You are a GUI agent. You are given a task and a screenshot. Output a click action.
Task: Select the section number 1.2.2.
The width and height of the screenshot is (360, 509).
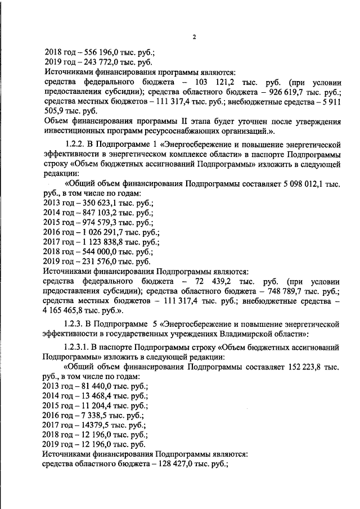(x=76, y=144)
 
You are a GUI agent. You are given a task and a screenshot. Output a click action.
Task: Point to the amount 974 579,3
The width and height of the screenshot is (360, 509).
(x=93, y=222)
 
